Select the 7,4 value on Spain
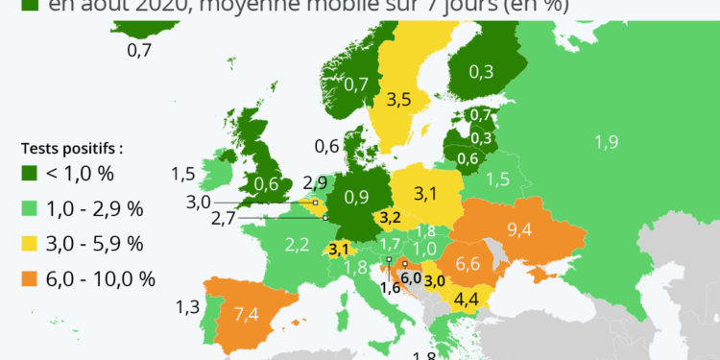pyautogui.click(x=246, y=314)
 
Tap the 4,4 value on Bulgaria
pyautogui.click(x=468, y=299)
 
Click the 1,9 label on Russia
pyautogui.click(x=606, y=142)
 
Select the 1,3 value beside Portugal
pyautogui.click(x=188, y=306)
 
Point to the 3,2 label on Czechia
pyautogui.click(x=390, y=218)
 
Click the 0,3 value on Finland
pyautogui.click(x=483, y=71)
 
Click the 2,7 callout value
pyautogui.click(x=224, y=219)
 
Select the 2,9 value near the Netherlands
pyautogui.click(x=315, y=182)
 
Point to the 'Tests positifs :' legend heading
pyautogui.click(x=73, y=149)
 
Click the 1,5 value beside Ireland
pyautogui.click(x=183, y=174)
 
